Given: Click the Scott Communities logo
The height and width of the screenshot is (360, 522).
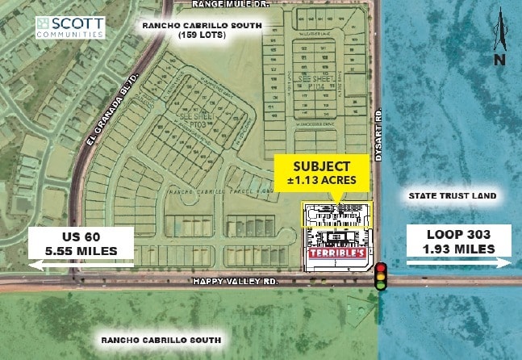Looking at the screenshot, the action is point(70,27).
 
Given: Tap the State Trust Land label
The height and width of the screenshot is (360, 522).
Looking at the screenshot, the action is point(451,195).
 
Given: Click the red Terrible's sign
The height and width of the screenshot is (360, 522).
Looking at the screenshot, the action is point(338,252).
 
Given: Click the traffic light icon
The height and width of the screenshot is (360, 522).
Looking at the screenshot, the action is point(380,275).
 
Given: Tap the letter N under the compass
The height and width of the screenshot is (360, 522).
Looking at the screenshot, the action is point(500,59).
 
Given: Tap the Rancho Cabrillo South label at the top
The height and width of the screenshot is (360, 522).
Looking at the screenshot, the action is point(202,25).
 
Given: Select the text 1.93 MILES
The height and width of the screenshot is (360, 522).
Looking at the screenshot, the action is point(457,249).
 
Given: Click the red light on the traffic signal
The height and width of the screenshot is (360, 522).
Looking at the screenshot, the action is point(380,268).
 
